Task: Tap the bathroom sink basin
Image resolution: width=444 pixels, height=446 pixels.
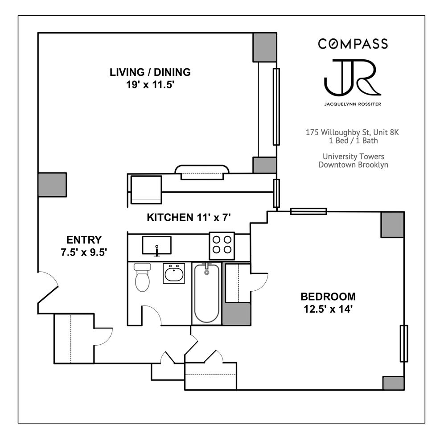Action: click(173, 273)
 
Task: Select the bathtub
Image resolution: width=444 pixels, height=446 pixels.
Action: click(206, 293)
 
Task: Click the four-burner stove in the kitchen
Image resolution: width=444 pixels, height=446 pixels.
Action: click(222, 245)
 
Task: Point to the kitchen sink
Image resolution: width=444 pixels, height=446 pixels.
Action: click(156, 245)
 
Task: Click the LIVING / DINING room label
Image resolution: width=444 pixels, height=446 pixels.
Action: click(150, 72)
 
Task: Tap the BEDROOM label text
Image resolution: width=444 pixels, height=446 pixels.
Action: click(328, 296)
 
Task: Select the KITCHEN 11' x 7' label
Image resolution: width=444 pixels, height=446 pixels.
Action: click(188, 218)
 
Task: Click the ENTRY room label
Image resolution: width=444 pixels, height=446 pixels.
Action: click(84, 240)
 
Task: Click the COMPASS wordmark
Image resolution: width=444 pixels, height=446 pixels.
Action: click(353, 44)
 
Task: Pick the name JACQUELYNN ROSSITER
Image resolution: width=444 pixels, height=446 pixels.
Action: click(352, 105)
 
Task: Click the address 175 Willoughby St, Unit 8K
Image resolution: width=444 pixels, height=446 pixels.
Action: click(352, 132)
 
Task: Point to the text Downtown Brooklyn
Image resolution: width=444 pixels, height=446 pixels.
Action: click(353, 165)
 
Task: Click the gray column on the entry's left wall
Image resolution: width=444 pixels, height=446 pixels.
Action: click(52, 185)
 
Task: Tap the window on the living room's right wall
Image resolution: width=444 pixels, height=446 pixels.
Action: click(276, 107)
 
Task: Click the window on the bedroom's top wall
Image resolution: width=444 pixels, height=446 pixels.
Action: click(308, 211)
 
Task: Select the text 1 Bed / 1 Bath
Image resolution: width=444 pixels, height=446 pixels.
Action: click(352, 141)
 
